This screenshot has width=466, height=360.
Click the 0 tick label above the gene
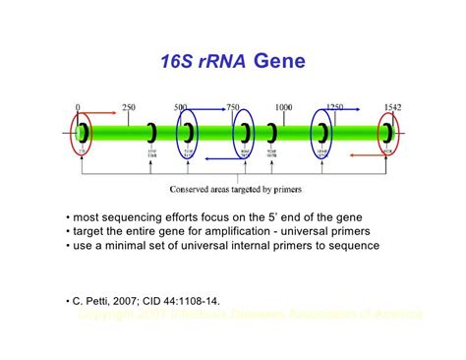tap(78, 105)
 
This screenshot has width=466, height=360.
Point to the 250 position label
tap(128, 105)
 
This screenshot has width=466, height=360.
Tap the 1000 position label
tap(283, 105)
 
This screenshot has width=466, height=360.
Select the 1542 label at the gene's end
tap(391, 105)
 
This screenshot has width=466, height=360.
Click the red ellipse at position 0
tap(83, 131)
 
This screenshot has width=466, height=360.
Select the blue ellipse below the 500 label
tap(188, 132)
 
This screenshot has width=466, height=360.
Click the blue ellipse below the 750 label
tap(242, 132)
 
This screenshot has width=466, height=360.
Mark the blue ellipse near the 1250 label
tap(322, 132)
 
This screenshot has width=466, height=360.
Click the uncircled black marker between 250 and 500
tap(151, 131)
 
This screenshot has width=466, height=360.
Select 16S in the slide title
tap(179, 64)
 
